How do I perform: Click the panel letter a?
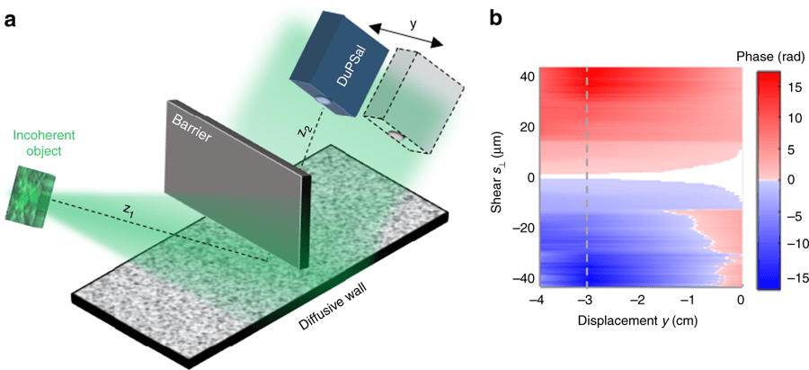(x=10, y=17)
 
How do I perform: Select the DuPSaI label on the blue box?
(x=333, y=60)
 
